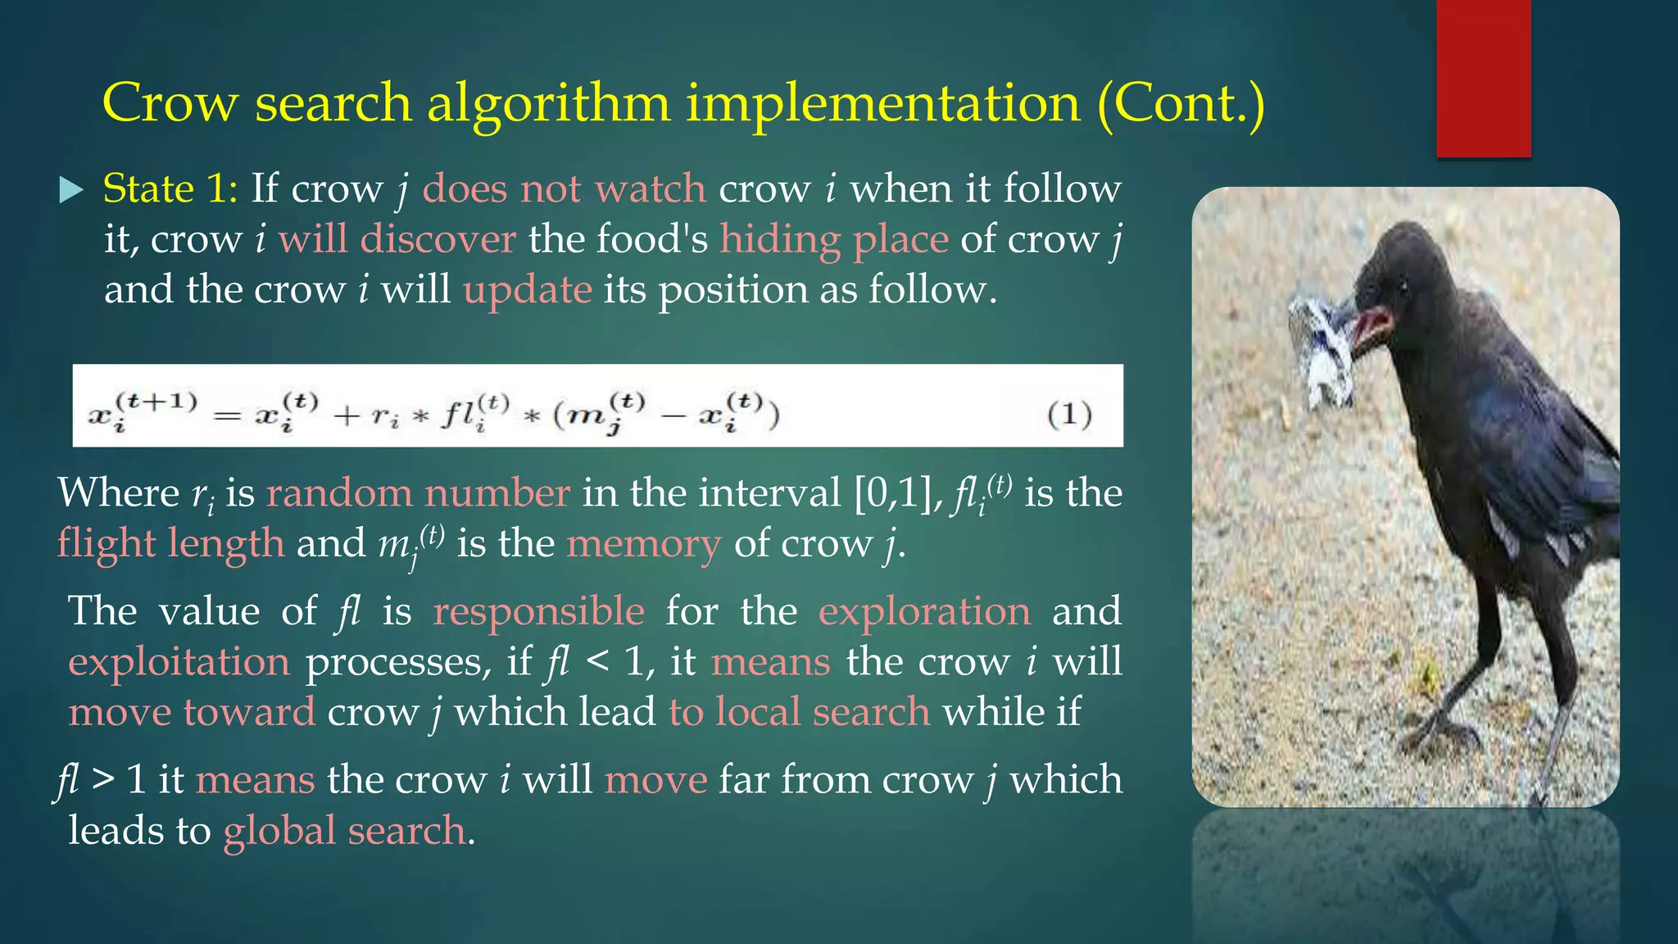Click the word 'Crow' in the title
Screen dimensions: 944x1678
(170, 104)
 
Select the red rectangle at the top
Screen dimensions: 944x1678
(1483, 78)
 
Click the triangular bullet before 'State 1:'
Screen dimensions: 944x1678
(72, 191)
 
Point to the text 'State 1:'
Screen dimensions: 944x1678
(170, 189)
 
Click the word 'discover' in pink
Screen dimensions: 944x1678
(438, 239)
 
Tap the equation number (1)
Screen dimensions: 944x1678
(1069, 414)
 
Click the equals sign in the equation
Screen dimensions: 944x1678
(227, 416)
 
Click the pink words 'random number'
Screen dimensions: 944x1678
(418, 493)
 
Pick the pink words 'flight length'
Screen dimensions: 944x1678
(171, 543)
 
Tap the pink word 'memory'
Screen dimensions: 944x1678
(644, 543)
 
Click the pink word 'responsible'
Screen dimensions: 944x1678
(538, 611)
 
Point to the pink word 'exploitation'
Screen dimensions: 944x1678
(179, 662)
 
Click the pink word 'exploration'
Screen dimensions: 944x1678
(924, 611)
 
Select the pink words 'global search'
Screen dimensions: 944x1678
(345, 831)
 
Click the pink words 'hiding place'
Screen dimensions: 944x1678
(834, 239)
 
